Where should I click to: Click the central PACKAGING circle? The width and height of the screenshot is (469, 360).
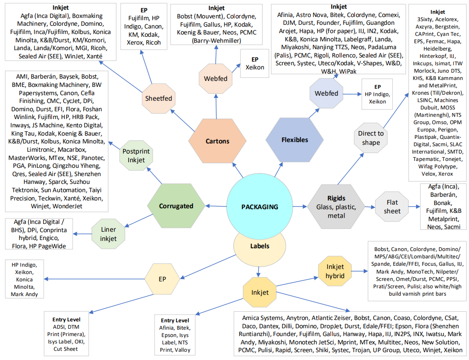pos(259,207)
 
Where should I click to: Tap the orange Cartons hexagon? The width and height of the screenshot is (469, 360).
pos(217,141)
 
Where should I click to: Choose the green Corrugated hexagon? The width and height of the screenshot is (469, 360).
pos(176,206)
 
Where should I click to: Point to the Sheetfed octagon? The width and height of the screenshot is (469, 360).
pos(159,98)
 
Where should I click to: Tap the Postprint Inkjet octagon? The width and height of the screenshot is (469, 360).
pos(133,156)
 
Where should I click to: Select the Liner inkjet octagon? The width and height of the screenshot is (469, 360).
pos(108,234)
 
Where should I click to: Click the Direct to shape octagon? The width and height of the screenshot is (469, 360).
pos(371,138)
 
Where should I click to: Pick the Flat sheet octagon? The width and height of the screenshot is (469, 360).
pos(392,207)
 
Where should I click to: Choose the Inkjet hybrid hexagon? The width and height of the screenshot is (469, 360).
pos(335,271)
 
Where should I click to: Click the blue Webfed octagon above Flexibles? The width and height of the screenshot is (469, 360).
pos(326,93)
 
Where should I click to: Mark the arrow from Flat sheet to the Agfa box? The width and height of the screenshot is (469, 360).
pos(414,207)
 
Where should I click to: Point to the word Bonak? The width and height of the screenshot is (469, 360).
pos(438,203)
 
